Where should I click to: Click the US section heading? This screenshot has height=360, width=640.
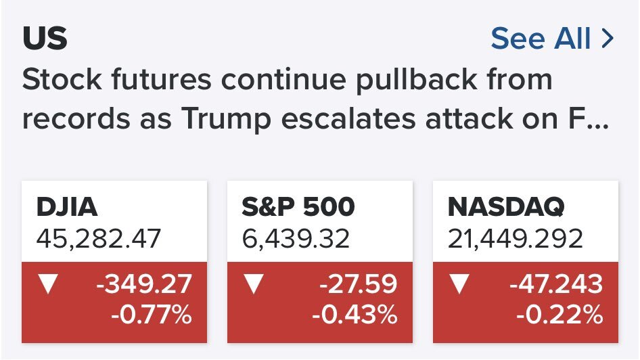pyautogui.click(x=45, y=39)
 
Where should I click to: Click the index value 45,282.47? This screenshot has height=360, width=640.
pyautogui.click(x=99, y=238)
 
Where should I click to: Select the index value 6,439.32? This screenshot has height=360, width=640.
pyautogui.click(x=296, y=238)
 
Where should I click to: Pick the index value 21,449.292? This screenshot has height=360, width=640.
pyautogui.click(x=515, y=238)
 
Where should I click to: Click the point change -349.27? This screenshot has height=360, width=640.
pyautogui.click(x=143, y=284)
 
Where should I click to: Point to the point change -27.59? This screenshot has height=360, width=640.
pyautogui.click(x=358, y=284)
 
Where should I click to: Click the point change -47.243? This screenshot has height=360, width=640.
pyautogui.click(x=556, y=284)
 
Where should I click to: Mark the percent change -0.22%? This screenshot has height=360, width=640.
pyautogui.click(x=560, y=315)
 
